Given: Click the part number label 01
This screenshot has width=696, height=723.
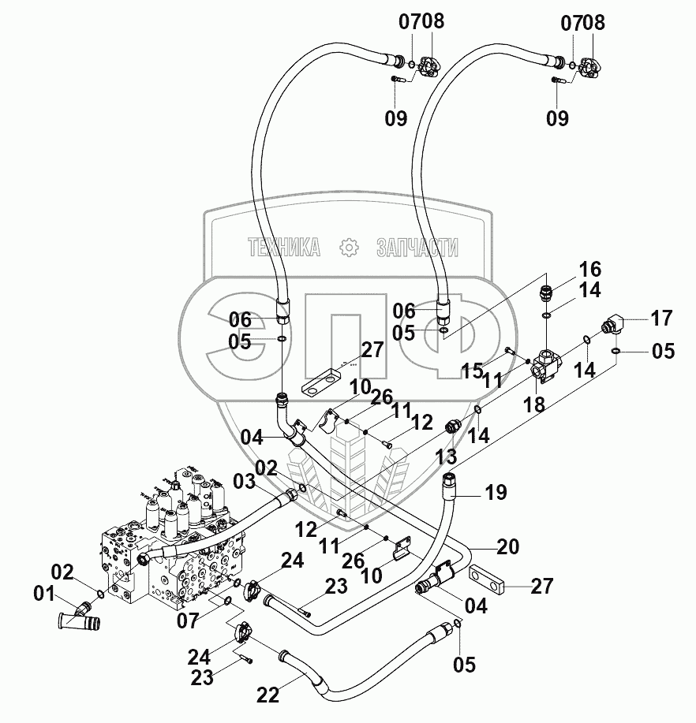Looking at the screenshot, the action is (44, 594).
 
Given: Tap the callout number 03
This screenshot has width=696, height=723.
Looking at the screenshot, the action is (244, 482).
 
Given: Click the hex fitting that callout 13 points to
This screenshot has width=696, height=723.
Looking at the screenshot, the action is (452, 426).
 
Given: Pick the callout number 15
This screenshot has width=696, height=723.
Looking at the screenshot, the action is (472, 371).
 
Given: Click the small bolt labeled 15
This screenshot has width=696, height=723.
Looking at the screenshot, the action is (509, 352).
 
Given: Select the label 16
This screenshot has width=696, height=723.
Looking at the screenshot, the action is (589, 270).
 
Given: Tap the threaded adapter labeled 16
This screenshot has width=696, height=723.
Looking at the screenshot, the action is (546, 293).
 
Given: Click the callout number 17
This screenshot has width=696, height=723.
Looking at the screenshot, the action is (662, 319).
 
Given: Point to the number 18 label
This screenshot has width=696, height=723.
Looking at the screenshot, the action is (534, 404).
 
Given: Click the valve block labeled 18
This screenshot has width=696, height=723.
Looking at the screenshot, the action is (546, 367).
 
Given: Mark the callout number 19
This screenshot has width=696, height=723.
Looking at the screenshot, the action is (496, 492).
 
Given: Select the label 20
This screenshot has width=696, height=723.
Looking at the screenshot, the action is (508, 546).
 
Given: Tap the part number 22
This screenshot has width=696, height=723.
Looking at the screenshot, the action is (268, 695).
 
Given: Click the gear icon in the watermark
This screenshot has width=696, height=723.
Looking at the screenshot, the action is (349, 248).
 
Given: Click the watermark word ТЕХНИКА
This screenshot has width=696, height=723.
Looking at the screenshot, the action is (284, 248).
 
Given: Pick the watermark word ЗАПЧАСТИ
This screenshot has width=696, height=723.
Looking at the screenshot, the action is (417, 248).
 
